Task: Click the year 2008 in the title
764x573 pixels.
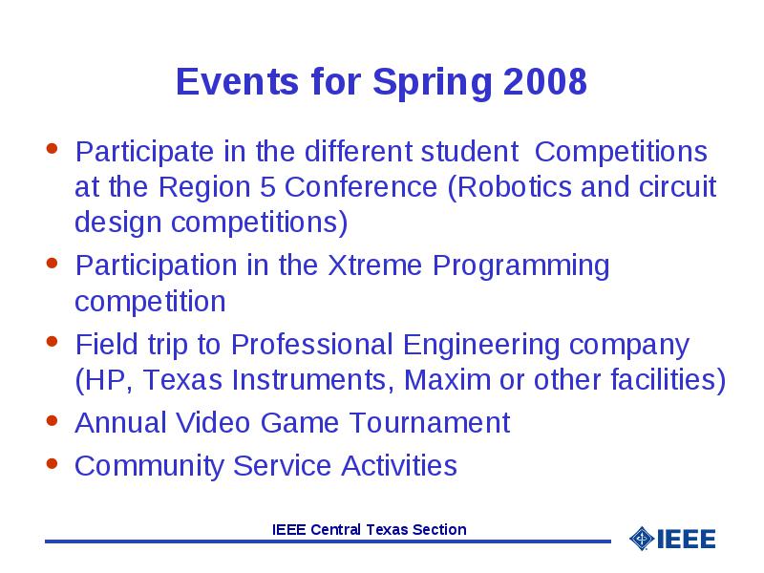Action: (544, 81)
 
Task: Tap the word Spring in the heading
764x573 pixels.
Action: (433, 84)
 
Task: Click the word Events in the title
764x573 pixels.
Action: (237, 81)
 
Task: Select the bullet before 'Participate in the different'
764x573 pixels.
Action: (53, 148)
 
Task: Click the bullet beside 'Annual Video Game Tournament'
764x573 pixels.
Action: (53, 420)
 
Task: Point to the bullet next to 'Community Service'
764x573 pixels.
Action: (53, 463)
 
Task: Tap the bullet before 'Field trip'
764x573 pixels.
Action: (53, 341)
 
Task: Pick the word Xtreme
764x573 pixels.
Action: (374, 265)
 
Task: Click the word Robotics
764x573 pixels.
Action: (510, 188)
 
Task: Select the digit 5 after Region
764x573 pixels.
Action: (267, 187)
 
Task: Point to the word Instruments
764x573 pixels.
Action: (313, 380)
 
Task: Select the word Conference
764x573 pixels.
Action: (361, 187)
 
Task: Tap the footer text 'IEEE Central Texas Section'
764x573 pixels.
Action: (370, 530)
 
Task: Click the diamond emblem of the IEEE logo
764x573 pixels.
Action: (642, 539)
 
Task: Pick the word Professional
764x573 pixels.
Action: (312, 345)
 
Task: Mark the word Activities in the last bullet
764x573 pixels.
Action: (399, 465)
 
